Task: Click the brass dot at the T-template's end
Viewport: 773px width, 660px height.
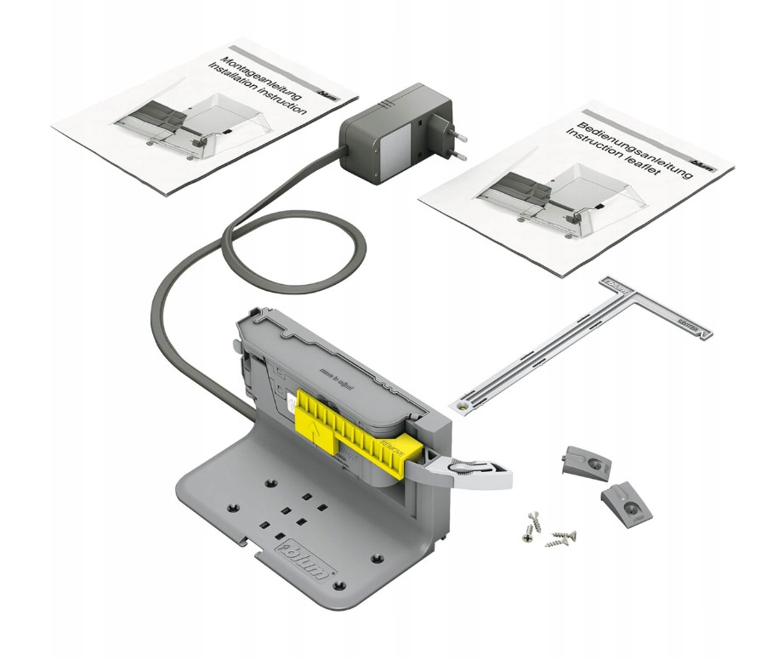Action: tap(462, 407)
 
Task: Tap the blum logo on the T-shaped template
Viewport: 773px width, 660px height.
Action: tap(614, 282)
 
